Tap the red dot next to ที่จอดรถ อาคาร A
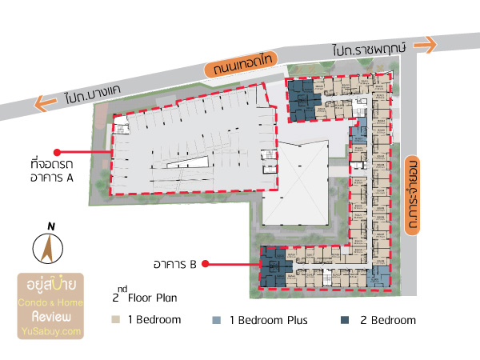click(x=57, y=151)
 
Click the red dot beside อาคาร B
click(x=206, y=262)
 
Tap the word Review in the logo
click(x=51, y=316)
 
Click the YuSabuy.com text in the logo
click(x=51, y=330)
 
